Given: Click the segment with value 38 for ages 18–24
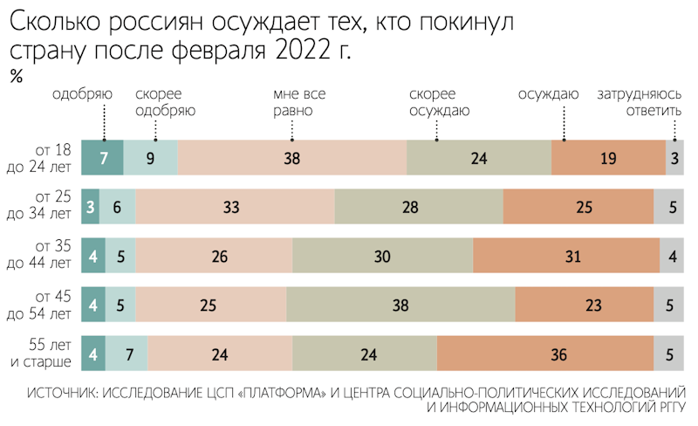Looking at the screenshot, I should pos(292,158).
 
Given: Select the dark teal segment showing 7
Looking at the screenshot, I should pos(102,158).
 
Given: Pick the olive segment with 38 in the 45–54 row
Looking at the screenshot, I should pos(400,306).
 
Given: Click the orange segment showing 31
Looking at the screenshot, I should pos(566,257).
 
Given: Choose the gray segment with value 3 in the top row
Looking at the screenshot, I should pos(675,158).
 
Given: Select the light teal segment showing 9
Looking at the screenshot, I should pos(151,158).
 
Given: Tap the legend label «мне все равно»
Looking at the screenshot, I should pos(292,102).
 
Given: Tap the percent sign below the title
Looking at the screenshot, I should pos(16,76).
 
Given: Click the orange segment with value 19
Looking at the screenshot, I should pos(608,158).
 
